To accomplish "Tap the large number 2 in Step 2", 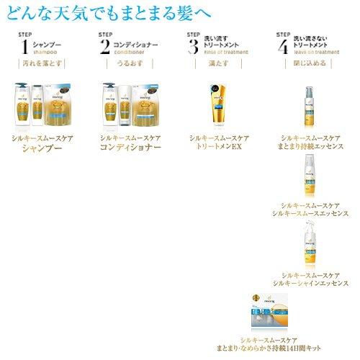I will tap(107, 48).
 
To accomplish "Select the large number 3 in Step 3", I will tap(193, 48).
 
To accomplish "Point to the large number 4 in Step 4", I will tap(282, 48).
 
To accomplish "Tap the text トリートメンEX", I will tap(217, 145).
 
